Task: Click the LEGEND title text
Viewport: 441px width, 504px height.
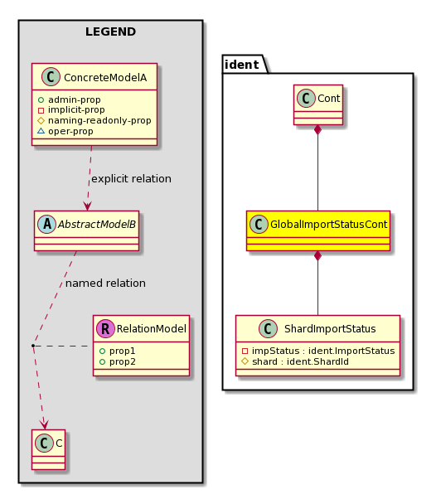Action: tap(110, 31)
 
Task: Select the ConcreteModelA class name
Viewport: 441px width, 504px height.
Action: tap(105, 77)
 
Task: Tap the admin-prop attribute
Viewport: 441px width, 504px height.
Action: tap(75, 99)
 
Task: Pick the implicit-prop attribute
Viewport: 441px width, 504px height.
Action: tap(76, 110)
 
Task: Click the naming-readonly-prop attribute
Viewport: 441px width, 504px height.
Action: tap(99, 120)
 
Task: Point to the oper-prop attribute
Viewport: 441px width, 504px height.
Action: tap(70, 131)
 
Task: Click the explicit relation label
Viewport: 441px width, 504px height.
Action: tap(131, 179)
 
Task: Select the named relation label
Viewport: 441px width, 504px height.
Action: tap(105, 283)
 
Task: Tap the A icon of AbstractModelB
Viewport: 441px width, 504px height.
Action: tap(47, 224)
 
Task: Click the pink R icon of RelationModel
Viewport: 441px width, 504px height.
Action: tap(105, 328)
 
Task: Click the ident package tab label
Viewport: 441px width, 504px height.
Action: tap(242, 65)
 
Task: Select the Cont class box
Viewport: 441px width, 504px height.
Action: tap(318, 104)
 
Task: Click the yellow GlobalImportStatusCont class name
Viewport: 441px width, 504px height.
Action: tap(328, 224)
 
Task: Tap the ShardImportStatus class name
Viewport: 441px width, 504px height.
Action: tap(330, 328)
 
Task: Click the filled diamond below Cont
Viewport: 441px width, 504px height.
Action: tap(317, 130)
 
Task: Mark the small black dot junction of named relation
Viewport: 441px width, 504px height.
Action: tap(33, 346)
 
